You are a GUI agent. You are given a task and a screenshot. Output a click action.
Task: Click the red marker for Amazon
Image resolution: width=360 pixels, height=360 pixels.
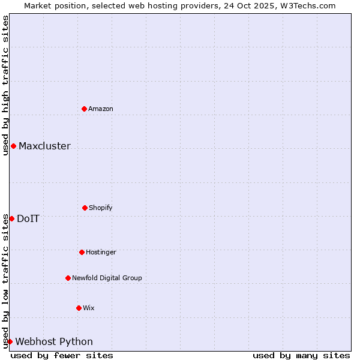tap(84, 109)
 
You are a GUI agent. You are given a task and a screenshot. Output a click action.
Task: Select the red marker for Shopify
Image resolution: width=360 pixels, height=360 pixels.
tap(85, 208)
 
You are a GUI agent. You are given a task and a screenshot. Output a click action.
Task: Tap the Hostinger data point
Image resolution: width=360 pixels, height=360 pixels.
tap(82, 252)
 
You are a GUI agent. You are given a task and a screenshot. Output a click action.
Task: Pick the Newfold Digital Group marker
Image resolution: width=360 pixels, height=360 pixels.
tap(68, 278)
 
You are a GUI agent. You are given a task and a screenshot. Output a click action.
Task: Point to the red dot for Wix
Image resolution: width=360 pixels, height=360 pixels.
tap(79, 308)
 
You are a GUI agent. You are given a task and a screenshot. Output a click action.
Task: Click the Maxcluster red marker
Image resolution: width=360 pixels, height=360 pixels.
tap(13, 146)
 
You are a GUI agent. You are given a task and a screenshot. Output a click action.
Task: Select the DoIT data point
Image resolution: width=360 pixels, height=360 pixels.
tap(11, 218)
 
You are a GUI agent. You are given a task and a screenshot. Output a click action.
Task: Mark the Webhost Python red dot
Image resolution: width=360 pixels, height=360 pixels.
tap(10, 341)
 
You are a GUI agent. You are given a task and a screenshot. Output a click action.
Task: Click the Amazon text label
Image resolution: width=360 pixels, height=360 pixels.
tap(101, 109)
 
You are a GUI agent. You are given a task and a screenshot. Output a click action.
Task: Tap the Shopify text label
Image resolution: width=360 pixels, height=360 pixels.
tap(101, 208)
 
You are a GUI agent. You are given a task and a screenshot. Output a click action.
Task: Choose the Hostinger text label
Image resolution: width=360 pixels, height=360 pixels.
tap(101, 252)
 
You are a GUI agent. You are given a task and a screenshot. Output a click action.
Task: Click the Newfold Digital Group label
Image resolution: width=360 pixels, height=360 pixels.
tap(107, 278)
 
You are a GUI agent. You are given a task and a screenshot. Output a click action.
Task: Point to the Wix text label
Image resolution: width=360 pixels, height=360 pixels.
tap(89, 308)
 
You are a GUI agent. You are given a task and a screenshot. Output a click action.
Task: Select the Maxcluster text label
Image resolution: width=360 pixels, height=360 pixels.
tap(44, 146)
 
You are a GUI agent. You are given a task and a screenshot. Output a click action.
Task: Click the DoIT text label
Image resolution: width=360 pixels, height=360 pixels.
tap(28, 218)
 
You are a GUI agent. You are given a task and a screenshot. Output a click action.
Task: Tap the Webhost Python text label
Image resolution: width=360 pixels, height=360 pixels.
tap(54, 341)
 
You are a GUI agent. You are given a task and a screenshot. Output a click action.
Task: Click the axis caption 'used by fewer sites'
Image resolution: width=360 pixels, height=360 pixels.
tap(62, 355)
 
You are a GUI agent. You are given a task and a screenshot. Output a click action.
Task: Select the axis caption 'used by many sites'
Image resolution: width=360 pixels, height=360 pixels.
tap(301, 355)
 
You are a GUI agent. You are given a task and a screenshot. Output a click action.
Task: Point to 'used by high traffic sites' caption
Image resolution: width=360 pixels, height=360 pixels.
tap(5, 85)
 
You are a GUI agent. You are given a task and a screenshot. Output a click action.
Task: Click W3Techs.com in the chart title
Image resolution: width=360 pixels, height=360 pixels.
tap(305, 5)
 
